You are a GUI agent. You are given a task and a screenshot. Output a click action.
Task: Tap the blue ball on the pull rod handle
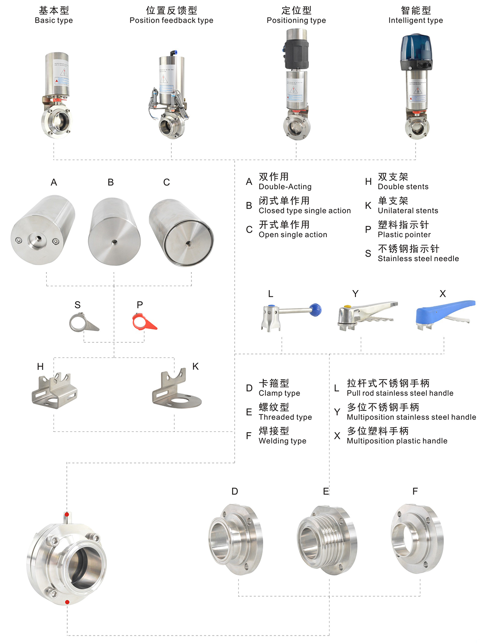tap(315, 309)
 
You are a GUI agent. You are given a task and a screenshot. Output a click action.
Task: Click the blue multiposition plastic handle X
tap(441, 311)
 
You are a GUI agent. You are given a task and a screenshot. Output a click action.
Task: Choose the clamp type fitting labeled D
tap(236, 539)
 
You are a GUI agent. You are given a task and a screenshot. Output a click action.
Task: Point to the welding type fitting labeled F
tap(417, 538)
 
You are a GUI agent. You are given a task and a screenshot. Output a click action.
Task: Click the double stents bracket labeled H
tap(54, 390)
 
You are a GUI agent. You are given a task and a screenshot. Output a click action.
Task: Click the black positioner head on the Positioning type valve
tap(296, 53)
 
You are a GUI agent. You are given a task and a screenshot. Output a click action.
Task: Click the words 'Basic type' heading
tap(53, 21)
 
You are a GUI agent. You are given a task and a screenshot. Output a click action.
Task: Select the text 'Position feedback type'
tap(171, 21)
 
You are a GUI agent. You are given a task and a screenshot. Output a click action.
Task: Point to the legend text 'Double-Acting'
tap(285, 187)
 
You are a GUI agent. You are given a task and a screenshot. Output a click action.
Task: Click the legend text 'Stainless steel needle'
tap(418, 258)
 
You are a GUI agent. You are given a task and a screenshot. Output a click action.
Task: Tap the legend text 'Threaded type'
tap(285, 417)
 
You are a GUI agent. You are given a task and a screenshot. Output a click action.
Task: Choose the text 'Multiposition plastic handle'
tap(397, 441)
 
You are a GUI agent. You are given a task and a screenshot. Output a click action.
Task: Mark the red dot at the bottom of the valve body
tap(67, 602)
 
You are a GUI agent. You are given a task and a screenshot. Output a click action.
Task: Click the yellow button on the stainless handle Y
tap(347, 307)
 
